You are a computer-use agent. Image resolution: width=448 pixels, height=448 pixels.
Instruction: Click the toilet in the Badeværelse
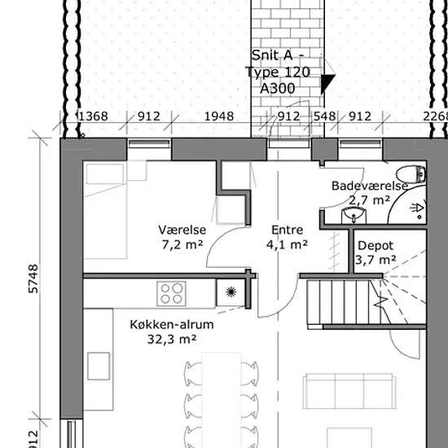tap(411, 174)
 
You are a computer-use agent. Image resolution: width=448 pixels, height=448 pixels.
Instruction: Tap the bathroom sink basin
tap(354, 215)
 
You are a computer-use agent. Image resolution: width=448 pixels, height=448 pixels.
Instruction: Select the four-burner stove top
tap(171, 293)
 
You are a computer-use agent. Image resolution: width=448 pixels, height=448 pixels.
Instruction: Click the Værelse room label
tap(182, 230)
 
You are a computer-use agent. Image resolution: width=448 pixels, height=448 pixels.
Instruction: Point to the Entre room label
tap(288, 230)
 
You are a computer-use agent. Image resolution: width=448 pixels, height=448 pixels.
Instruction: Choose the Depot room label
tap(376, 246)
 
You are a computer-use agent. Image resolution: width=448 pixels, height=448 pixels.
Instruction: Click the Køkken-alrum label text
tap(172, 324)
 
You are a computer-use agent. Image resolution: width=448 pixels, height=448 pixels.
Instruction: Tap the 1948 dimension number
tap(219, 116)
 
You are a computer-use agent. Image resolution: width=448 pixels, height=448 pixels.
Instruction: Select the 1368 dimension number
tap(93, 116)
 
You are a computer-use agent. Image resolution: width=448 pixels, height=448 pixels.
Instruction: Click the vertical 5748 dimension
tap(33, 279)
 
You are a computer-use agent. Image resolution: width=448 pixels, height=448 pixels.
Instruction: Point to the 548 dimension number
tap(324, 116)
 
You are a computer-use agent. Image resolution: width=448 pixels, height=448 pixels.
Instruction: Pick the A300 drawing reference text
tap(278, 89)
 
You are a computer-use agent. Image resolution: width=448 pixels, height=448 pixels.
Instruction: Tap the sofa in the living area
tap(349, 391)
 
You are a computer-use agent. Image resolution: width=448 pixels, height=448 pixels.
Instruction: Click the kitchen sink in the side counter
tap(99, 366)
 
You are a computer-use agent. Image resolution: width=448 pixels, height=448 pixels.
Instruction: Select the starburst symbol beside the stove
tap(231, 292)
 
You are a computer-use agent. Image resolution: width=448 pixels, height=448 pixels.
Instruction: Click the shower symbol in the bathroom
tap(417, 209)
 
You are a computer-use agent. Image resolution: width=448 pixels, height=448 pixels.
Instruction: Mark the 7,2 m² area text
tap(182, 244)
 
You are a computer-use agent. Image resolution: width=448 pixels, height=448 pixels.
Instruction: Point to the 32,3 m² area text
tap(172, 339)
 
